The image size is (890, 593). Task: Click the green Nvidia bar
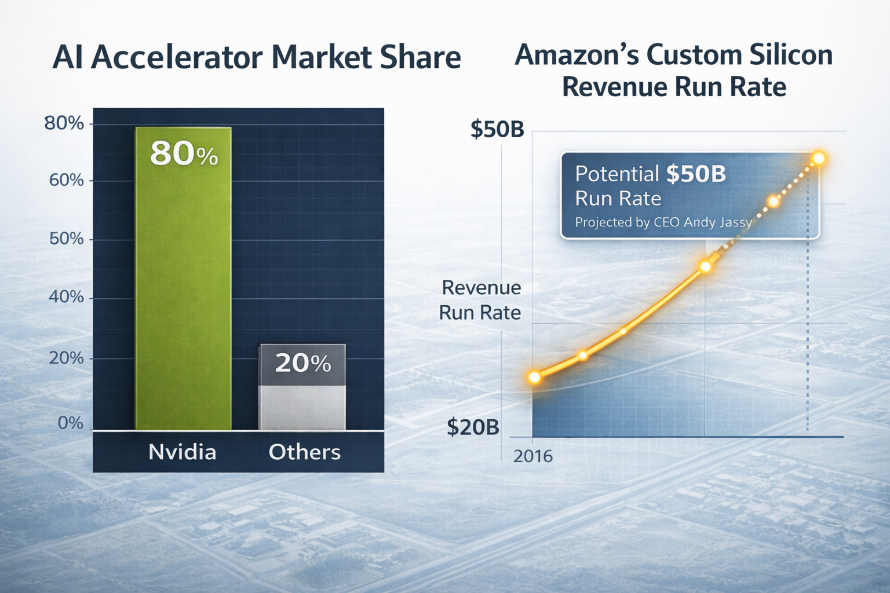(x=183, y=290)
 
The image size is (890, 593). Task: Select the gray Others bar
(x=302, y=400)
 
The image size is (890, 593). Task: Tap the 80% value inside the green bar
(x=184, y=154)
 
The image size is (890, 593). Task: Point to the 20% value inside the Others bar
(x=302, y=363)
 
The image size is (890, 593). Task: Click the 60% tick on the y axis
(x=67, y=180)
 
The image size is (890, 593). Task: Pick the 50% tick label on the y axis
(x=67, y=239)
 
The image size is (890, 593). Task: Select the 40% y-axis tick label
(x=67, y=297)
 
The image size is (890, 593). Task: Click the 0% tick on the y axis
(x=71, y=423)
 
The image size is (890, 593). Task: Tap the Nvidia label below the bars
(x=183, y=452)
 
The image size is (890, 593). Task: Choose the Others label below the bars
(x=304, y=452)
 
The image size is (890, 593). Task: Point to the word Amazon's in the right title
(x=577, y=55)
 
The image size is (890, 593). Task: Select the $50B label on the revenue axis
(x=497, y=129)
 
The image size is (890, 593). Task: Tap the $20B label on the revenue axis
(x=473, y=427)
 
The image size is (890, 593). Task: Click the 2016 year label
(x=533, y=456)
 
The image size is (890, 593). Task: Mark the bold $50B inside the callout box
(x=696, y=174)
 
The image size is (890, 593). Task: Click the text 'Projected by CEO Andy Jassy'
(x=663, y=222)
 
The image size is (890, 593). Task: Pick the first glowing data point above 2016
(x=535, y=378)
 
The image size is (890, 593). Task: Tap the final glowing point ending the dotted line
(x=819, y=158)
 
